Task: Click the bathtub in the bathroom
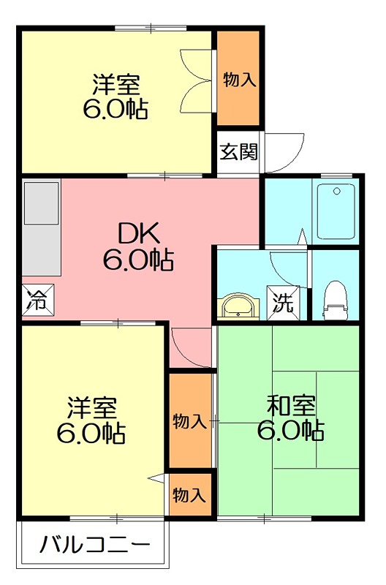tap(336, 210)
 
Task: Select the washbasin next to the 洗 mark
tap(239, 307)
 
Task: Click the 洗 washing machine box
tap(282, 302)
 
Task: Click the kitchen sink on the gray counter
tap(41, 203)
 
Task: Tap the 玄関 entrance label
tap(238, 152)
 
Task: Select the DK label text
tap(138, 233)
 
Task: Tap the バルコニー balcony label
tap(94, 546)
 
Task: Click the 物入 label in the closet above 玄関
tap(238, 80)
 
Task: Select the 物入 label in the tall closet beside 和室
tap(189, 421)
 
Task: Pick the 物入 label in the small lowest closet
tap(189, 495)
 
